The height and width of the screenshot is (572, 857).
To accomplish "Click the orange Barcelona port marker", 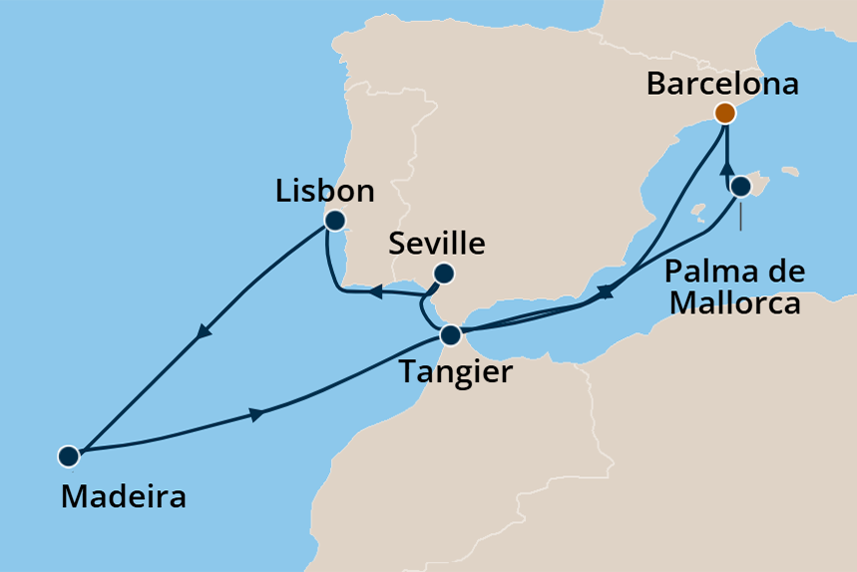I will click(x=725, y=113).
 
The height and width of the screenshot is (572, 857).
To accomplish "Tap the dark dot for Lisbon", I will click(x=334, y=221).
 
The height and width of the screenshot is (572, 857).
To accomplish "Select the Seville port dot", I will click(x=444, y=274).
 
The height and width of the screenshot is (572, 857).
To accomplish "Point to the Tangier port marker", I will click(x=451, y=334).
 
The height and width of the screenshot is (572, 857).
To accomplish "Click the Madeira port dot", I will click(x=68, y=456).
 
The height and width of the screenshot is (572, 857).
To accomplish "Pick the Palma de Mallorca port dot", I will click(x=740, y=187).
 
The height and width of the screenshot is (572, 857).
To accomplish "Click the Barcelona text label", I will click(x=722, y=84).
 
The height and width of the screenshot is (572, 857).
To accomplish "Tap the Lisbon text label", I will click(x=324, y=191).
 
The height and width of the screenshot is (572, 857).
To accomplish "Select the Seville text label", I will click(x=437, y=244).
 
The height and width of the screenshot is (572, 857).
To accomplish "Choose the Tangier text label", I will click(x=456, y=372).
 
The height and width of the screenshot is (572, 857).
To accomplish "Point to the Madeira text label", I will click(x=123, y=496).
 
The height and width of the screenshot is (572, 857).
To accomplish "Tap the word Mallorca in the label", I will click(x=734, y=301).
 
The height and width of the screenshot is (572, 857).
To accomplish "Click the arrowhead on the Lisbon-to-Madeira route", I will click(x=207, y=332).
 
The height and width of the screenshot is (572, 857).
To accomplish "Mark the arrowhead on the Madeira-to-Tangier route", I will click(x=257, y=413).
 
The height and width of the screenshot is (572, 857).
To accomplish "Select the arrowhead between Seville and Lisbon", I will click(x=377, y=291).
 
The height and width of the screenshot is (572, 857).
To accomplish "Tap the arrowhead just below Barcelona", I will click(x=726, y=168).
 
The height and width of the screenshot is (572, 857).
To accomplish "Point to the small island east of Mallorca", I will click(x=791, y=171).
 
